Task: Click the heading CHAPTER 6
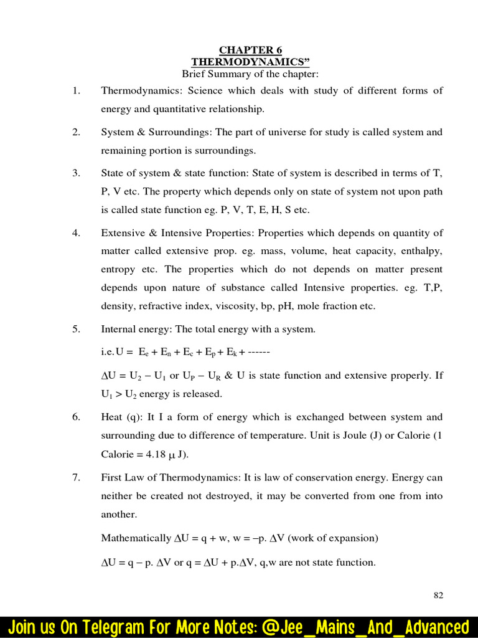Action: (250, 50)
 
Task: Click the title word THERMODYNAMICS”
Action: (250, 62)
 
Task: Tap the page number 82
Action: (438, 595)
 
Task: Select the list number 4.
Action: (76, 233)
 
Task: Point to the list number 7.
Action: (76, 478)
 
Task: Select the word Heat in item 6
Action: (112, 417)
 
